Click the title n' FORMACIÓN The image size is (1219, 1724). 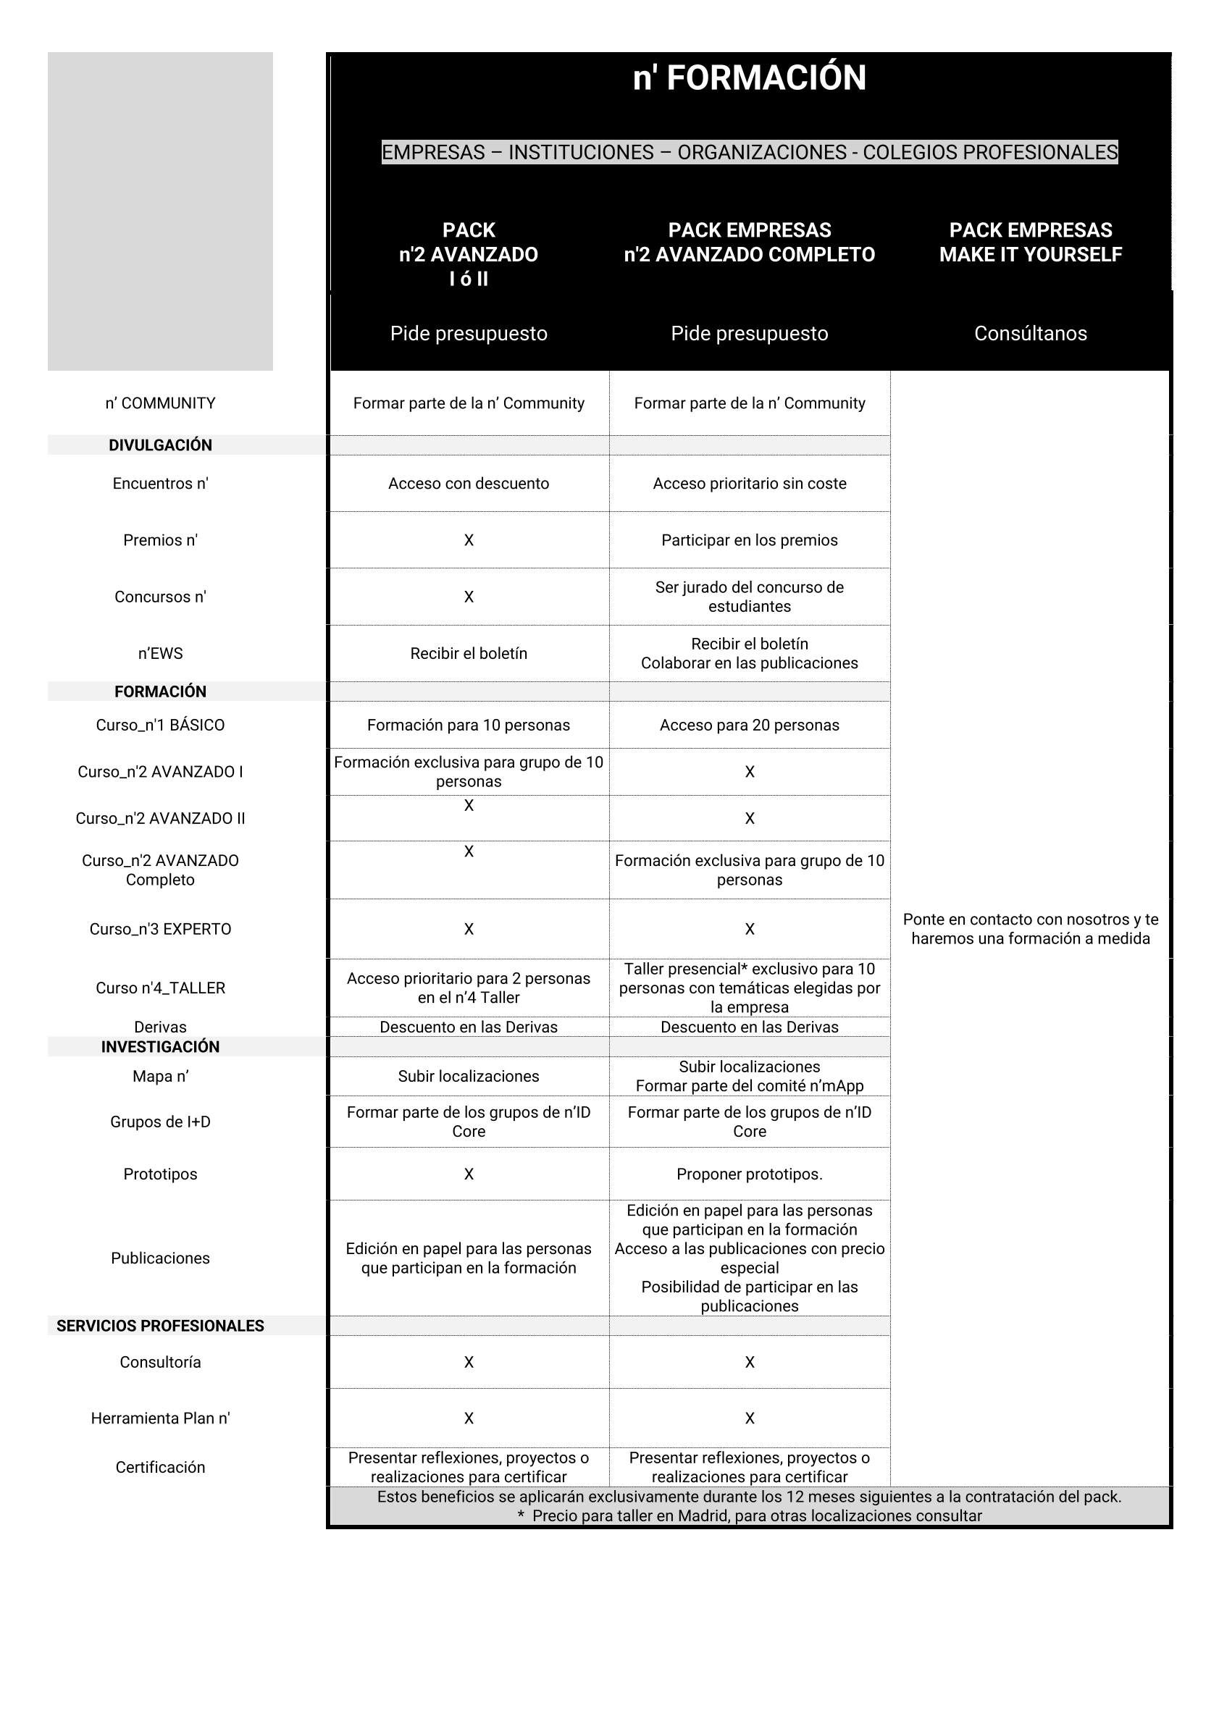(749, 78)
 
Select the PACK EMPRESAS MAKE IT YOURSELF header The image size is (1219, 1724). (1030, 242)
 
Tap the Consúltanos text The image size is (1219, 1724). (1030, 333)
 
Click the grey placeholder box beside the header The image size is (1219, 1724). (160, 211)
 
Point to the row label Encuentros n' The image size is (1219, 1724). (160, 484)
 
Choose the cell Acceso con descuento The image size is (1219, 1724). (468, 484)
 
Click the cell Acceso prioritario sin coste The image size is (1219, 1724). (749, 484)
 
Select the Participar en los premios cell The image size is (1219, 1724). (749, 540)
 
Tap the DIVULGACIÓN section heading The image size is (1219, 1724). (160, 445)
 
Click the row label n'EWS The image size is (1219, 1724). (160, 653)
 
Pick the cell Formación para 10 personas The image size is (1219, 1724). (468, 725)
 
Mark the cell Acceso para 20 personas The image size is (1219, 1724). (749, 725)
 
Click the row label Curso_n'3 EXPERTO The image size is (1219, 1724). (160, 929)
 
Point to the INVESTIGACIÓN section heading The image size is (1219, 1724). (160, 1047)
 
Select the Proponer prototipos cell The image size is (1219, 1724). (749, 1174)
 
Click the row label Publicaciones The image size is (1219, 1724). (160, 1258)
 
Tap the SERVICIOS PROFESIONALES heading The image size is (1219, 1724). (160, 1326)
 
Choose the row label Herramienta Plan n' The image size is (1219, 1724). (160, 1418)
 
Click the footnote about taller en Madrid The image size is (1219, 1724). (749, 1516)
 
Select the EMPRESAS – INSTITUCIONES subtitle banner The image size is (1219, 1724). (749, 153)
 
